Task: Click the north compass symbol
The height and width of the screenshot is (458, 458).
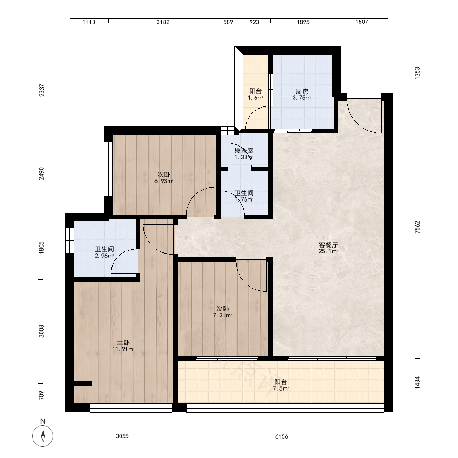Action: click(x=43, y=436)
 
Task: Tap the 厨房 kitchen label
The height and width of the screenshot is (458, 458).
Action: click(x=302, y=92)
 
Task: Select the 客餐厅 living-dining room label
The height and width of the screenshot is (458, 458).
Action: click(x=328, y=245)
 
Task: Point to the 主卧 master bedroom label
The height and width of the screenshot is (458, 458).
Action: click(x=123, y=343)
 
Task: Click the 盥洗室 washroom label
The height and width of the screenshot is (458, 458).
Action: click(x=244, y=151)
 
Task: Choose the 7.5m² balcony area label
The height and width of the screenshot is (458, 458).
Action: click(x=281, y=388)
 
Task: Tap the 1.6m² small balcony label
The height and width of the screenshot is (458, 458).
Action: click(x=256, y=98)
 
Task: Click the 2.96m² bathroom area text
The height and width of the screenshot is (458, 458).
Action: click(x=104, y=256)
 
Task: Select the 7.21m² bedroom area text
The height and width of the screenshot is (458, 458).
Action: click(x=222, y=316)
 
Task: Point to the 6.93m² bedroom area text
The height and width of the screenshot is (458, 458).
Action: click(x=164, y=181)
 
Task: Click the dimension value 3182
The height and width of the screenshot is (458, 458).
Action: click(x=163, y=22)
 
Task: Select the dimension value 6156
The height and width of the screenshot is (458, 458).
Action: click(x=282, y=436)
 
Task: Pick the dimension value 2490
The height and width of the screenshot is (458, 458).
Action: click(x=42, y=174)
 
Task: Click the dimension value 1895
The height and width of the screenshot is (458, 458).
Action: click(x=303, y=22)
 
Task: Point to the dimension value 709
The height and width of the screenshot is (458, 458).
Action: click(x=42, y=396)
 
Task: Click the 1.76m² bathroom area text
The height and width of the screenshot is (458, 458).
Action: click(x=244, y=200)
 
